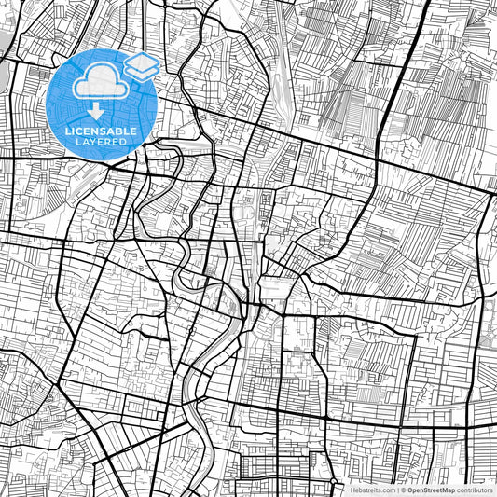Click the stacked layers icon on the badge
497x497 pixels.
[x=140, y=68]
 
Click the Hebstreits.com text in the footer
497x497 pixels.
[x=372, y=490]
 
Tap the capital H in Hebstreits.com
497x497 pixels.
[x=352, y=490]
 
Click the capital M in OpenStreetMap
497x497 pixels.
[x=449, y=490]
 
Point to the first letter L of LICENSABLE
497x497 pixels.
[x=68, y=130]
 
